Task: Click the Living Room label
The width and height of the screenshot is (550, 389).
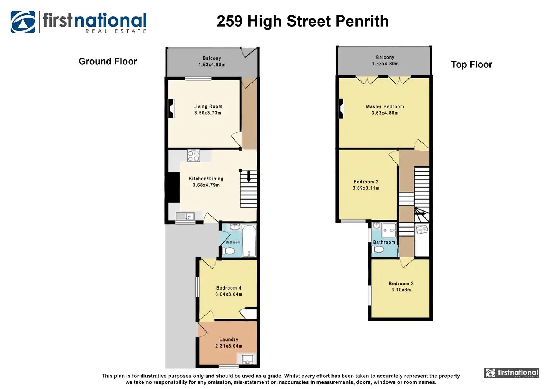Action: [x=208, y=106]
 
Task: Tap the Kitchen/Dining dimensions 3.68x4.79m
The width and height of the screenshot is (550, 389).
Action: [x=206, y=185]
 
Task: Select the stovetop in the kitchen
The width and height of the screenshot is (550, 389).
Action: [x=193, y=156]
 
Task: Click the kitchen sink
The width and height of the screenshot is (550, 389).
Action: [x=185, y=216]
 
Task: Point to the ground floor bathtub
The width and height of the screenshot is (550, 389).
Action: [x=249, y=241]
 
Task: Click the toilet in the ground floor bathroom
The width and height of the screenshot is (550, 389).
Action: [x=229, y=251]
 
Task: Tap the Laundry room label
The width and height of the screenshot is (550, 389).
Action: [x=229, y=339]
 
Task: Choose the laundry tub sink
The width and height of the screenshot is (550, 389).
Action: [x=247, y=360]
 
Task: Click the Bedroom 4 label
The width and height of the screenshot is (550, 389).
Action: [x=229, y=288]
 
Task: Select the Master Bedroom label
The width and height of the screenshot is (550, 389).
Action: [x=385, y=107]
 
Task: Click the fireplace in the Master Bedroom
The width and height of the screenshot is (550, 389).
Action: [x=341, y=108]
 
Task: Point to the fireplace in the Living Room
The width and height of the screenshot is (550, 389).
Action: [x=172, y=108]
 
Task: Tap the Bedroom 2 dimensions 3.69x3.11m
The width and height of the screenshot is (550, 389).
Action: [x=366, y=188]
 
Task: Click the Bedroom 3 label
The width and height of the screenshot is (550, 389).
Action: [x=401, y=284]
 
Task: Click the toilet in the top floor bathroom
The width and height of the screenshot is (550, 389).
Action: [x=378, y=250]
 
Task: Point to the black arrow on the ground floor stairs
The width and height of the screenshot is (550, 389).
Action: [x=248, y=176]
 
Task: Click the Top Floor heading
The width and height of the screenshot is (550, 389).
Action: [x=472, y=65]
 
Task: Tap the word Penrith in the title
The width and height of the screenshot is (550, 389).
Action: [x=362, y=21]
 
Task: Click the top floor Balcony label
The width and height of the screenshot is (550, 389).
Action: [x=385, y=58]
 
